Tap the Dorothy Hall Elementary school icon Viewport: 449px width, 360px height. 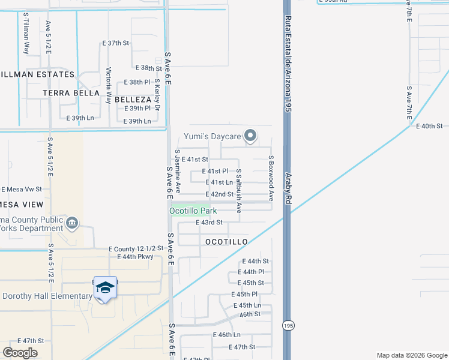click(105, 289)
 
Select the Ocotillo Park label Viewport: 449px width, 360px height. click(193, 211)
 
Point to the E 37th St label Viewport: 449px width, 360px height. click(116, 43)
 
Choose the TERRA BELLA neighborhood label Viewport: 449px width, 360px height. click(71, 93)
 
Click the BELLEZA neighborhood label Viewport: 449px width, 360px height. click(133, 99)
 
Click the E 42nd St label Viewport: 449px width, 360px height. click(219, 194)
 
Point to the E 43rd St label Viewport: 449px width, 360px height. click(209, 223)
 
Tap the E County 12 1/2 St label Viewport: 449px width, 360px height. click(136, 248)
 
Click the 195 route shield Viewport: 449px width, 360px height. click(288, 325)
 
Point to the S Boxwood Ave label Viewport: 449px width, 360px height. click(271, 179)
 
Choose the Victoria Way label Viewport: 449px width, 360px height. click(109, 85)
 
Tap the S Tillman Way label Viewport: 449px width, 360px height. click(26, 33)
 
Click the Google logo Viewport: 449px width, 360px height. click(20, 352)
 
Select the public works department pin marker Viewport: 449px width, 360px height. click(72, 223)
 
